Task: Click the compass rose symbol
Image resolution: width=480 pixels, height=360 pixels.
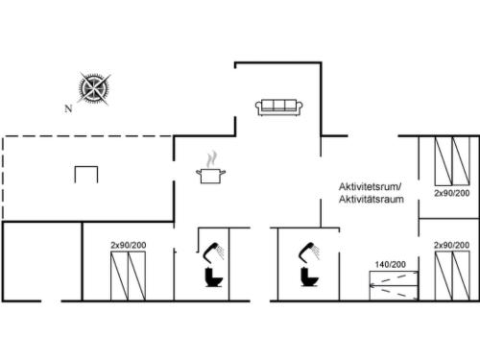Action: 94,88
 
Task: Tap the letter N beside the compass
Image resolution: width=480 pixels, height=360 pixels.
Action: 68,108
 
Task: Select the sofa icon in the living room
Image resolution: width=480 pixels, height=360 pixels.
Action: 279,108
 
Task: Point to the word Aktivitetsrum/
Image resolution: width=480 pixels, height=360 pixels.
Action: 370,186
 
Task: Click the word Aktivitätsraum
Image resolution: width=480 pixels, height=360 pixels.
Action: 372,199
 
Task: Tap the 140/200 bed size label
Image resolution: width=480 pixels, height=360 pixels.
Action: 391,264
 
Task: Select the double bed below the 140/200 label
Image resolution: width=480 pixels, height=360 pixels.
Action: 394,285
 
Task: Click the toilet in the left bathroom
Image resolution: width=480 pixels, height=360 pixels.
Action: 214,277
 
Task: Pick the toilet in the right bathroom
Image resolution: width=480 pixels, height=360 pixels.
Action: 309,277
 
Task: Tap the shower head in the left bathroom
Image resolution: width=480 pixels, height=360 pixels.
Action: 213,252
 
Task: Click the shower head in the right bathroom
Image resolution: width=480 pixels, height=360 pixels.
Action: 309,252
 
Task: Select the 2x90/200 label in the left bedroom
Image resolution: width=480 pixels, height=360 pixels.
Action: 129,245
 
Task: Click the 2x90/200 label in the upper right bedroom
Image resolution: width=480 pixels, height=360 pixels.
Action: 452,193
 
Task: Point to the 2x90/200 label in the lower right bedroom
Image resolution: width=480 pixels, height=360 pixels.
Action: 451,245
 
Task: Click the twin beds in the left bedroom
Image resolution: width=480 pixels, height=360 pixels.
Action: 128,276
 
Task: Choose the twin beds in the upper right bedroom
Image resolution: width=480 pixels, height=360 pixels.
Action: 452,161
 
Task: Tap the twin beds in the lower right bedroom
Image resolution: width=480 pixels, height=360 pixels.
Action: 452,276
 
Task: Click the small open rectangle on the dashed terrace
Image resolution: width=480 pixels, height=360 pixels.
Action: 86,167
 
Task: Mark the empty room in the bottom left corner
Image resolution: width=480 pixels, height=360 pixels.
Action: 42,261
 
